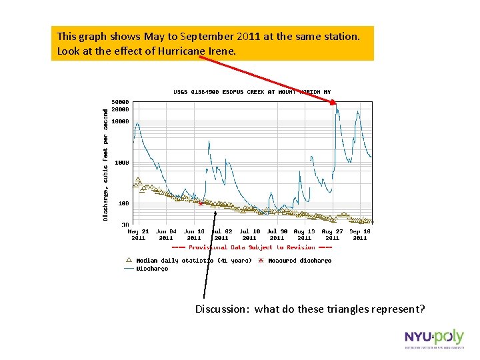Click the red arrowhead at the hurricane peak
click(x=333, y=101)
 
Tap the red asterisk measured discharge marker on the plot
click(x=201, y=203)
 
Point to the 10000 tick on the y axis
click(x=120, y=121)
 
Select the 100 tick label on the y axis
click(x=123, y=203)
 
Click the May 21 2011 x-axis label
click(x=138, y=234)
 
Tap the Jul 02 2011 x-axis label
click(x=221, y=234)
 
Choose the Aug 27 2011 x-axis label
click(x=332, y=234)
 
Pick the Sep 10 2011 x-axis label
click(x=360, y=234)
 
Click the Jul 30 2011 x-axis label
click(x=277, y=234)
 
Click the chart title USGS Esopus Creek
click(x=252, y=92)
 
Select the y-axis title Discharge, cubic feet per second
click(x=105, y=165)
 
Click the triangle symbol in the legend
click(x=129, y=260)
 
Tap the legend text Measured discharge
click(x=299, y=261)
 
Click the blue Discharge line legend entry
click(x=146, y=269)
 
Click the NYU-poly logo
click(x=433, y=339)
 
